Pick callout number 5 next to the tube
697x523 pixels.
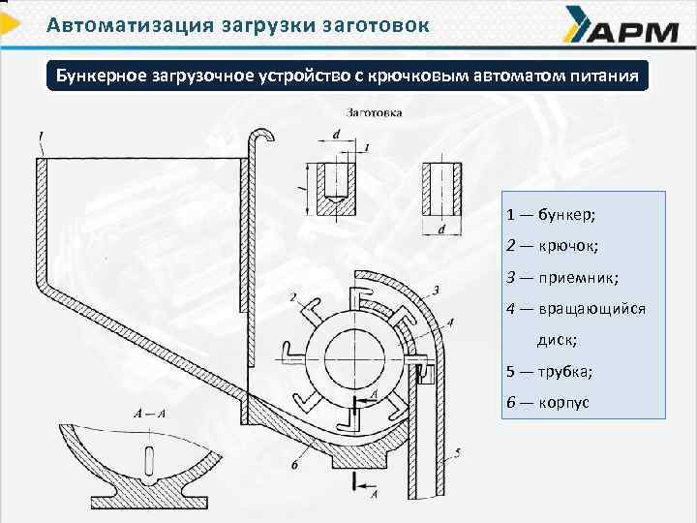(x=456, y=451)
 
